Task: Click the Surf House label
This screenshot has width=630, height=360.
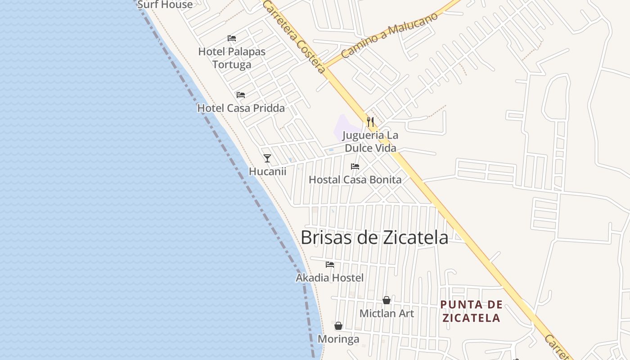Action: [x=165, y=4]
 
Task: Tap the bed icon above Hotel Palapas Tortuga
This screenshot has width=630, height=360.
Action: [x=232, y=38]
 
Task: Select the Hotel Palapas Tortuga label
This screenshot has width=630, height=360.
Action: [x=232, y=58]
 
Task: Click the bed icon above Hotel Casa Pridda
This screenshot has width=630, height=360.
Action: [x=241, y=95]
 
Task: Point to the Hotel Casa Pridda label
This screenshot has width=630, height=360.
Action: [x=241, y=108]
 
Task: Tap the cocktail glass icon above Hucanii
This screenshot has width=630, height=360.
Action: [x=267, y=158]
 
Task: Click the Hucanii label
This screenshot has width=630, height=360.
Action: [x=267, y=171]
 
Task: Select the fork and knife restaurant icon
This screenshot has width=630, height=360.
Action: [x=370, y=121]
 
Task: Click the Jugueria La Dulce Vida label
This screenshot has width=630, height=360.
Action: [x=370, y=141]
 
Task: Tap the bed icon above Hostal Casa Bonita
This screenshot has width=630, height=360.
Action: [x=355, y=166]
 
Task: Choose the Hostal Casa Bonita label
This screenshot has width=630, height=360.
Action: [x=355, y=180]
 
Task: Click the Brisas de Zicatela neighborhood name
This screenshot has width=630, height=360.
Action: [x=374, y=238]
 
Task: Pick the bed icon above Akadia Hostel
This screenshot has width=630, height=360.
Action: [x=330, y=265]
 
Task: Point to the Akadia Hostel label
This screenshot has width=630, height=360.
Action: [x=329, y=278]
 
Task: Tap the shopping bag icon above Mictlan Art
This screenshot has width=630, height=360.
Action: [x=387, y=300]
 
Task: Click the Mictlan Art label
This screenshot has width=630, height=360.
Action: [x=387, y=313]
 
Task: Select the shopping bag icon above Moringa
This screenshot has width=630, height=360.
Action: [x=338, y=326]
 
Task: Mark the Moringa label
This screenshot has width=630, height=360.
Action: [x=338, y=339]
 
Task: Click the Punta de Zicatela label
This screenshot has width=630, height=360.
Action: [x=471, y=311]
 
